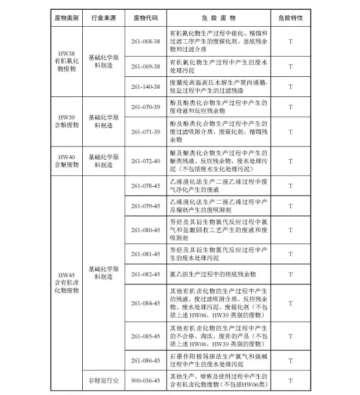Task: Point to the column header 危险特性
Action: click(x=290, y=18)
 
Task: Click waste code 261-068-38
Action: click(x=145, y=41)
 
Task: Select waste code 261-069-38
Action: click(x=145, y=66)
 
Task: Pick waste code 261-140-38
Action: click(x=145, y=87)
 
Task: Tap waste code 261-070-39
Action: click(x=145, y=107)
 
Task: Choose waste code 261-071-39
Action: click(x=145, y=132)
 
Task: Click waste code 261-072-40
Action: click(x=145, y=161)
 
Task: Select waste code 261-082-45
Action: click(x=145, y=274)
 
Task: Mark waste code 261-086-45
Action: click(x=145, y=361)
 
